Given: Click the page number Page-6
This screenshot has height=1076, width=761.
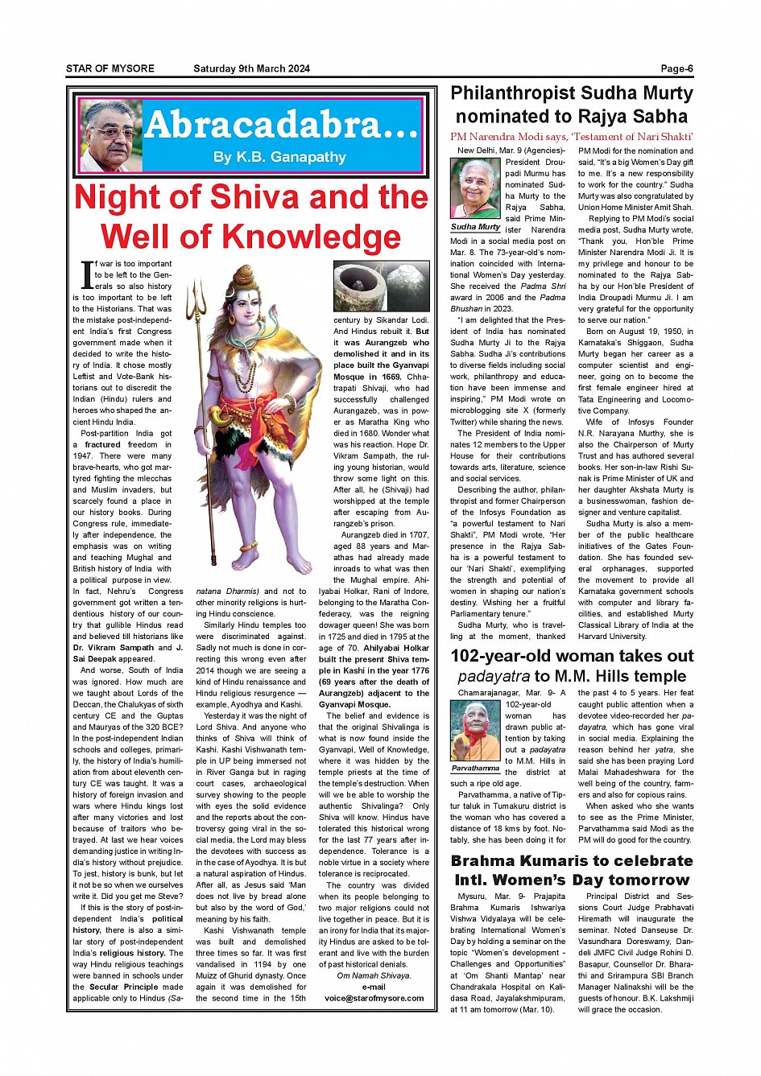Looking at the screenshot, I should pyautogui.click(x=676, y=69).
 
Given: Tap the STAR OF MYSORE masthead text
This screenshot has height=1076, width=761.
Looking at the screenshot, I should pyautogui.click(x=110, y=69).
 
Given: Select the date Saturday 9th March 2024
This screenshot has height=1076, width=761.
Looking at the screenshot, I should pyautogui.click(x=251, y=69).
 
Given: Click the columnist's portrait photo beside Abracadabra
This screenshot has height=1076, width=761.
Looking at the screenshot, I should pyautogui.click(x=110, y=136).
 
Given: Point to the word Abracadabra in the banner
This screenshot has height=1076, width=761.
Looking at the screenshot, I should pyautogui.click(x=282, y=125).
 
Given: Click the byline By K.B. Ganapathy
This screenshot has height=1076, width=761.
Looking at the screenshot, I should pyautogui.click(x=279, y=157).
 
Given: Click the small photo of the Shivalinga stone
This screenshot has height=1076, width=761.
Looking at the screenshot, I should pyautogui.click(x=381, y=286).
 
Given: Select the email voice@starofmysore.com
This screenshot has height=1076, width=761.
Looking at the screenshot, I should pyautogui.click(x=374, y=998).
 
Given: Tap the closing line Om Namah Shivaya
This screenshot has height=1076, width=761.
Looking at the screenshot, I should pyautogui.click(x=374, y=975).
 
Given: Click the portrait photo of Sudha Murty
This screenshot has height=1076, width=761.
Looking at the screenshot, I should pyautogui.click(x=475, y=189).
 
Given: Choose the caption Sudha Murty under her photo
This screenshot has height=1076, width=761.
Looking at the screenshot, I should pyautogui.click(x=475, y=227).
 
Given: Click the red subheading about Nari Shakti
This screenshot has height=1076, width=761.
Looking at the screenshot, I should pyautogui.click(x=572, y=137).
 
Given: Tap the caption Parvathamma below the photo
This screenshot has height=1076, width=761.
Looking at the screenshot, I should pyautogui.click(x=475, y=769).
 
